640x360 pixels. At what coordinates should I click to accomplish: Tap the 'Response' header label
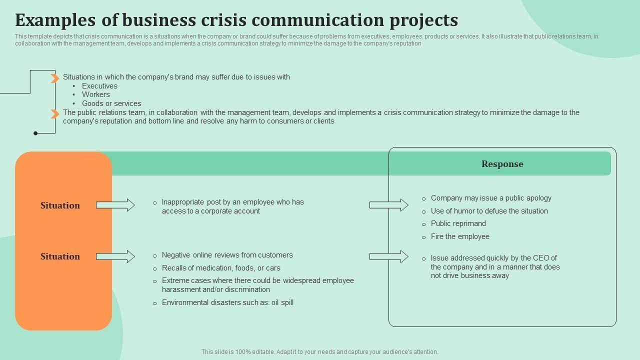pos(502,164)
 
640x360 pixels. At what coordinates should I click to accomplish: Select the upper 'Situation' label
pos(60,205)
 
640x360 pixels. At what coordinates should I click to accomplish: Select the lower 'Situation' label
pos(60,256)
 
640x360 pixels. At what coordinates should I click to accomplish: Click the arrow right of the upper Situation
pos(115,205)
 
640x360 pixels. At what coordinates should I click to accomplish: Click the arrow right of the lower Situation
pos(115,256)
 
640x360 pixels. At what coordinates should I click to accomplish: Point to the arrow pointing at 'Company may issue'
pos(388,204)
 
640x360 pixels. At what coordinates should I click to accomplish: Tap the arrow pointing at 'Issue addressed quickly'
pos(388,256)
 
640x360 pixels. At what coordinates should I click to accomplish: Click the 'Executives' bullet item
pos(99,86)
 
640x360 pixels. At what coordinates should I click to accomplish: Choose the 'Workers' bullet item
pos(96,94)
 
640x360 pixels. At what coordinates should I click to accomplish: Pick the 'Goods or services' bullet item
pos(111,103)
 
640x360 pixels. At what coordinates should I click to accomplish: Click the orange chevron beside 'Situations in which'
pos(55,78)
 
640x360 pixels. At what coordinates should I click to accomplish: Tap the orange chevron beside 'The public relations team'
pos(55,114)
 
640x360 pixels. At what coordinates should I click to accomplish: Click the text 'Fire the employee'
pos(460,236)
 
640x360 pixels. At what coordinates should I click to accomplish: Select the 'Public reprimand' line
pos(458,223)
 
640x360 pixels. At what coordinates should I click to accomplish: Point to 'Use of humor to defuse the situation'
pos(489,211)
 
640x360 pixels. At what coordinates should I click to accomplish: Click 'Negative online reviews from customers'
pos(227,255)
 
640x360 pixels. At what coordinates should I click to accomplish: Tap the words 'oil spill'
pos(282,302)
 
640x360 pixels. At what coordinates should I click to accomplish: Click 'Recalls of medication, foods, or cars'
pos(221,268)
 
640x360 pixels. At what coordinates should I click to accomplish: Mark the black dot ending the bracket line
pos(35,133)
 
